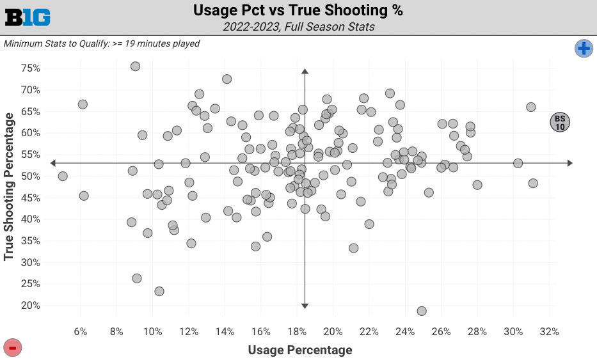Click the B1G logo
click(28, 17)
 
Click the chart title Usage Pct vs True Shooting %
click(298, 11)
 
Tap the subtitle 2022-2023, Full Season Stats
click(298, 27)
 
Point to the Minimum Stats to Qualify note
click(102, 43)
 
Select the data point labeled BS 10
click(560, 122)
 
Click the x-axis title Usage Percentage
click(299, 350)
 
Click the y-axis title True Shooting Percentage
click(9, 187)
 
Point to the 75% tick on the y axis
click(31, 68)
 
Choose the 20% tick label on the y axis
click(31, 306)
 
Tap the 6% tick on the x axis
click(81, 332)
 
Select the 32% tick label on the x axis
click(549, 332)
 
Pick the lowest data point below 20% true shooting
click(422, 311)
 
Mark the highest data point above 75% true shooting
click(135, 67)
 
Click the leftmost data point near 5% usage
click(63, 176)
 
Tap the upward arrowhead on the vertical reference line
click(305, 72)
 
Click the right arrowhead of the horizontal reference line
click(569, 163)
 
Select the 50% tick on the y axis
click(31, 176)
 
